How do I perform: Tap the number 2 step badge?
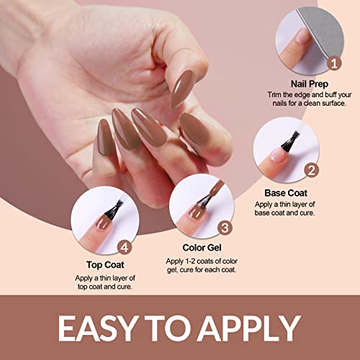311,171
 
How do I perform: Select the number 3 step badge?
225,229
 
